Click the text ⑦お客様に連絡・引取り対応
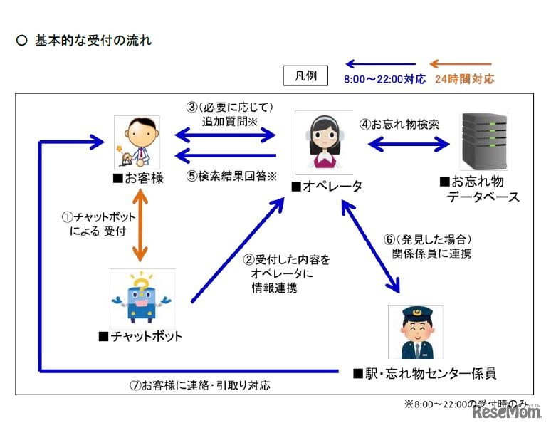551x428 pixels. tap(201, 385)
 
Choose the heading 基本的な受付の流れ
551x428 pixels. tap(93, 41)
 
